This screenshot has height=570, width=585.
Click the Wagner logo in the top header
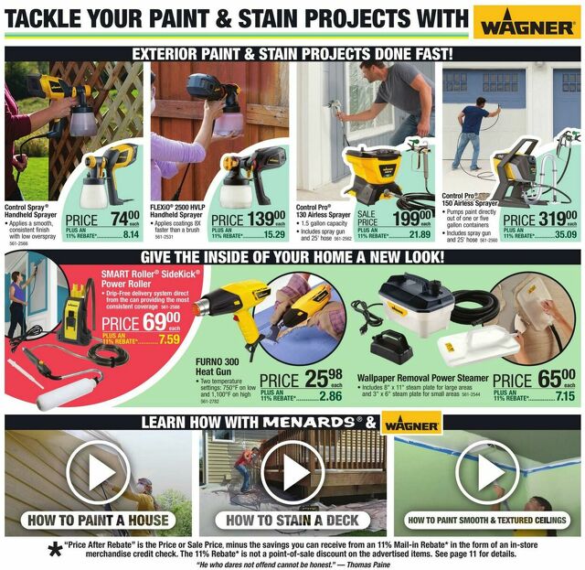pos(526,21)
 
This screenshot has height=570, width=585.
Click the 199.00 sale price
pos(410,219)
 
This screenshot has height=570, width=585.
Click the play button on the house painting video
pos(97,472)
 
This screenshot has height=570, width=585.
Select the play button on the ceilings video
pos(487,472)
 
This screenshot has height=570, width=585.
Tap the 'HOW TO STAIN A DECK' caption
pos(292,521)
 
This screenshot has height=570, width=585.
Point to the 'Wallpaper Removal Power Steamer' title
pos(422,377)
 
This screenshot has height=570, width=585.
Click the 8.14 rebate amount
pos(130,235)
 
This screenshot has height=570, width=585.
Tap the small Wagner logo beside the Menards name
pos(411,424)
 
